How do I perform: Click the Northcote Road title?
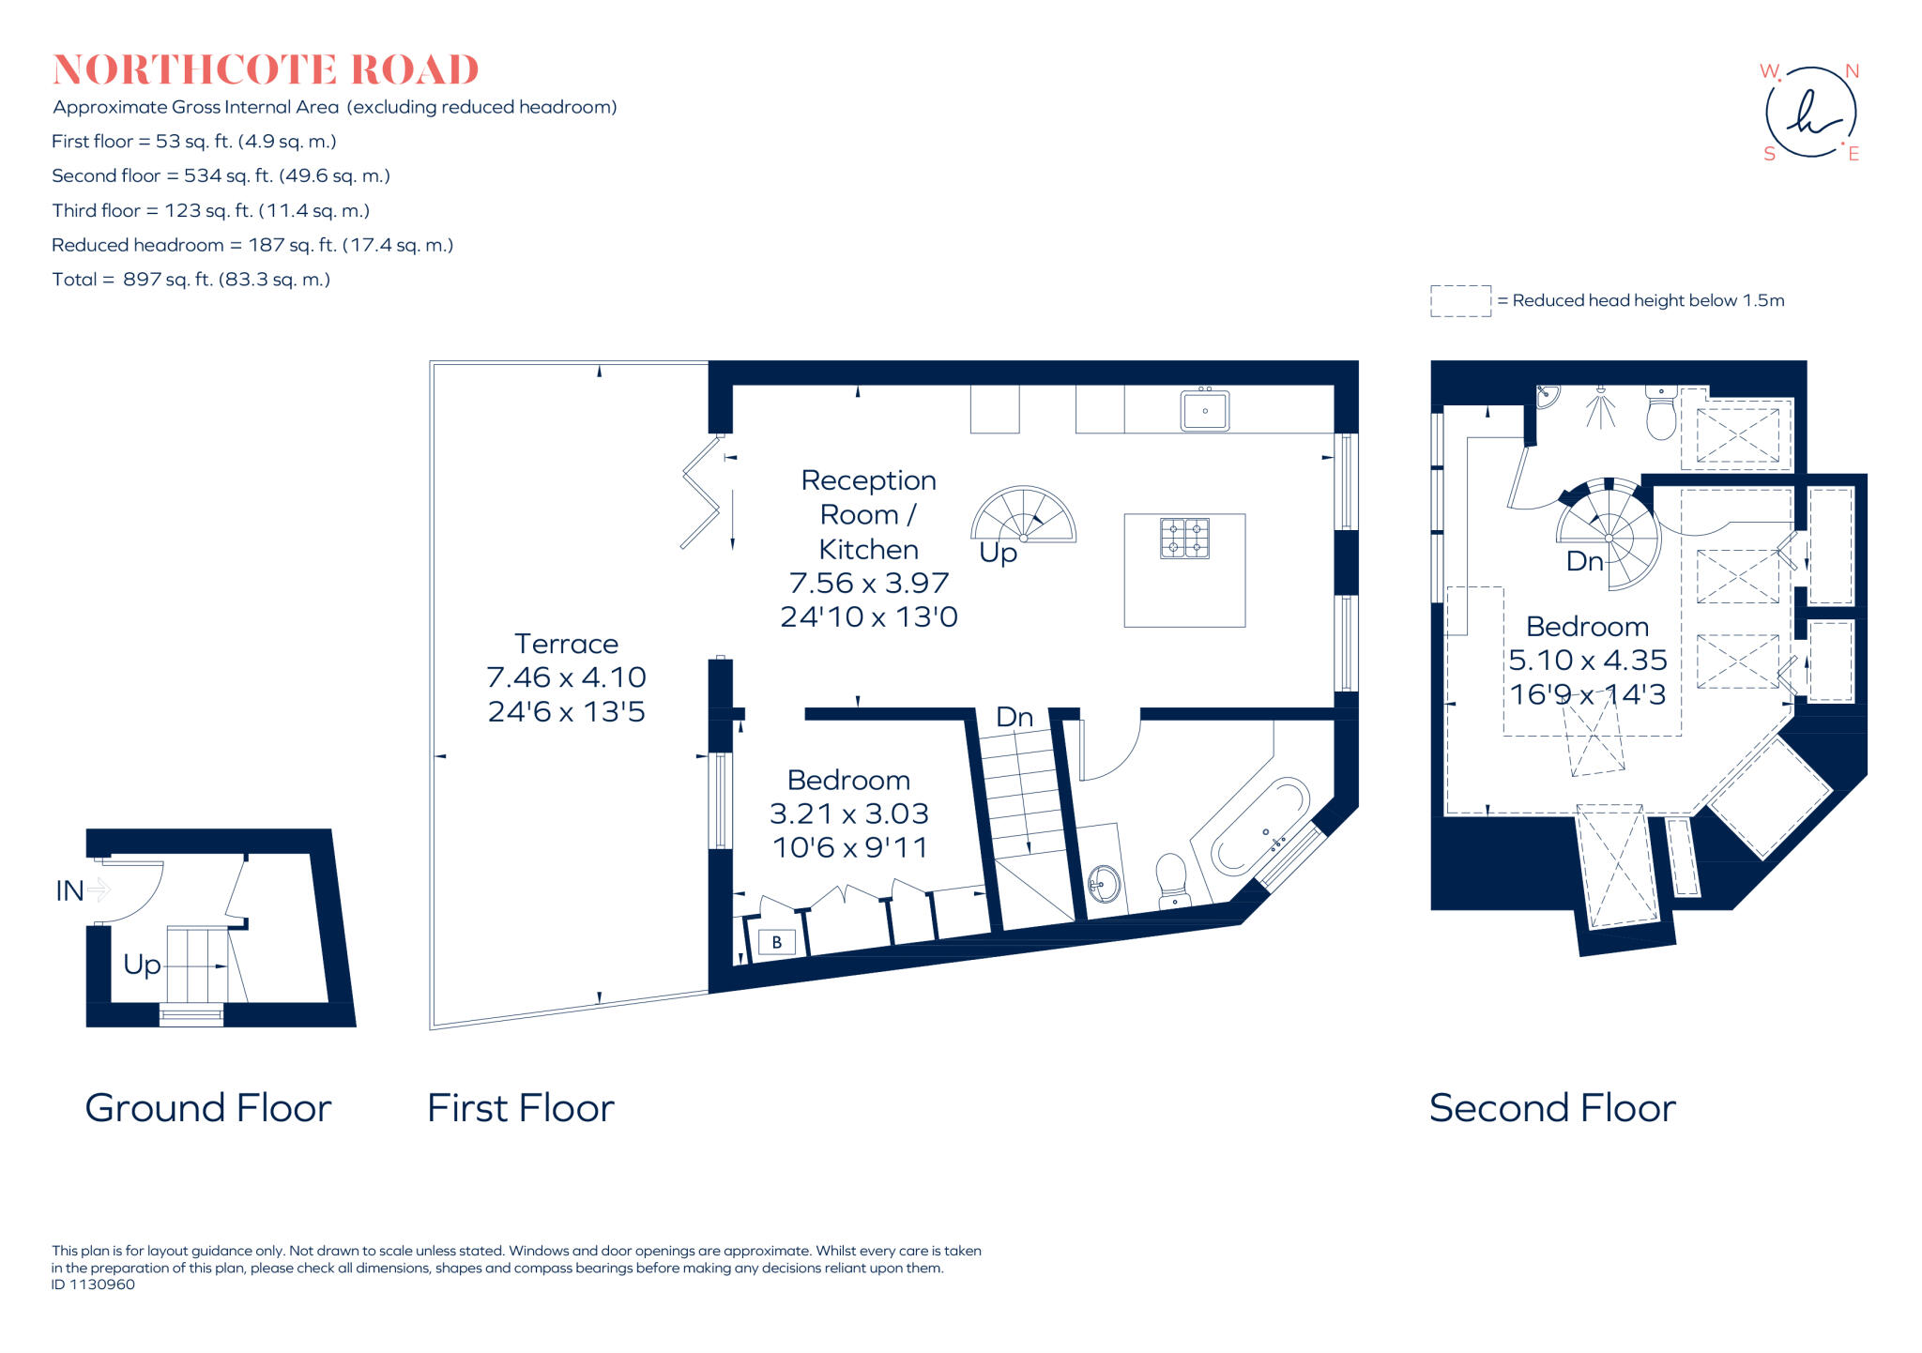(x=266, y=70)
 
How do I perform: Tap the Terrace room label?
(x=566, y=644)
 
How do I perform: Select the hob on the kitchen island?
(x=1184, y=539)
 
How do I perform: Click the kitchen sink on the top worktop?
(x=1205, y=411)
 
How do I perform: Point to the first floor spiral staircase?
(x=1024, y=516)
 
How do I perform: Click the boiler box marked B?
(x=776, y=942)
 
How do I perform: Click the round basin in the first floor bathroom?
(x=1104, y=883)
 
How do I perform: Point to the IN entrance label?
(x=70, y=890)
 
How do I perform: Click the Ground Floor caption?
(x=207, y=1108)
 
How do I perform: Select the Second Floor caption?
(x=1552, y=1108)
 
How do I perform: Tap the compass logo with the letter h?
(x=1810, y=113)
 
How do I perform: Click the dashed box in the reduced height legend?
(x=1460, y=301)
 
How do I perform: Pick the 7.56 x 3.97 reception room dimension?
(x=869, y=583)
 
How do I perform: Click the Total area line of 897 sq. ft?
(x=191, y=280)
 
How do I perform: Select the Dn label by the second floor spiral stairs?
(x=1584, y=561)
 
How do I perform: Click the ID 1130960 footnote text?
(x=93, y=1285)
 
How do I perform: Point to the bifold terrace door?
(x=700, y=493)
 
